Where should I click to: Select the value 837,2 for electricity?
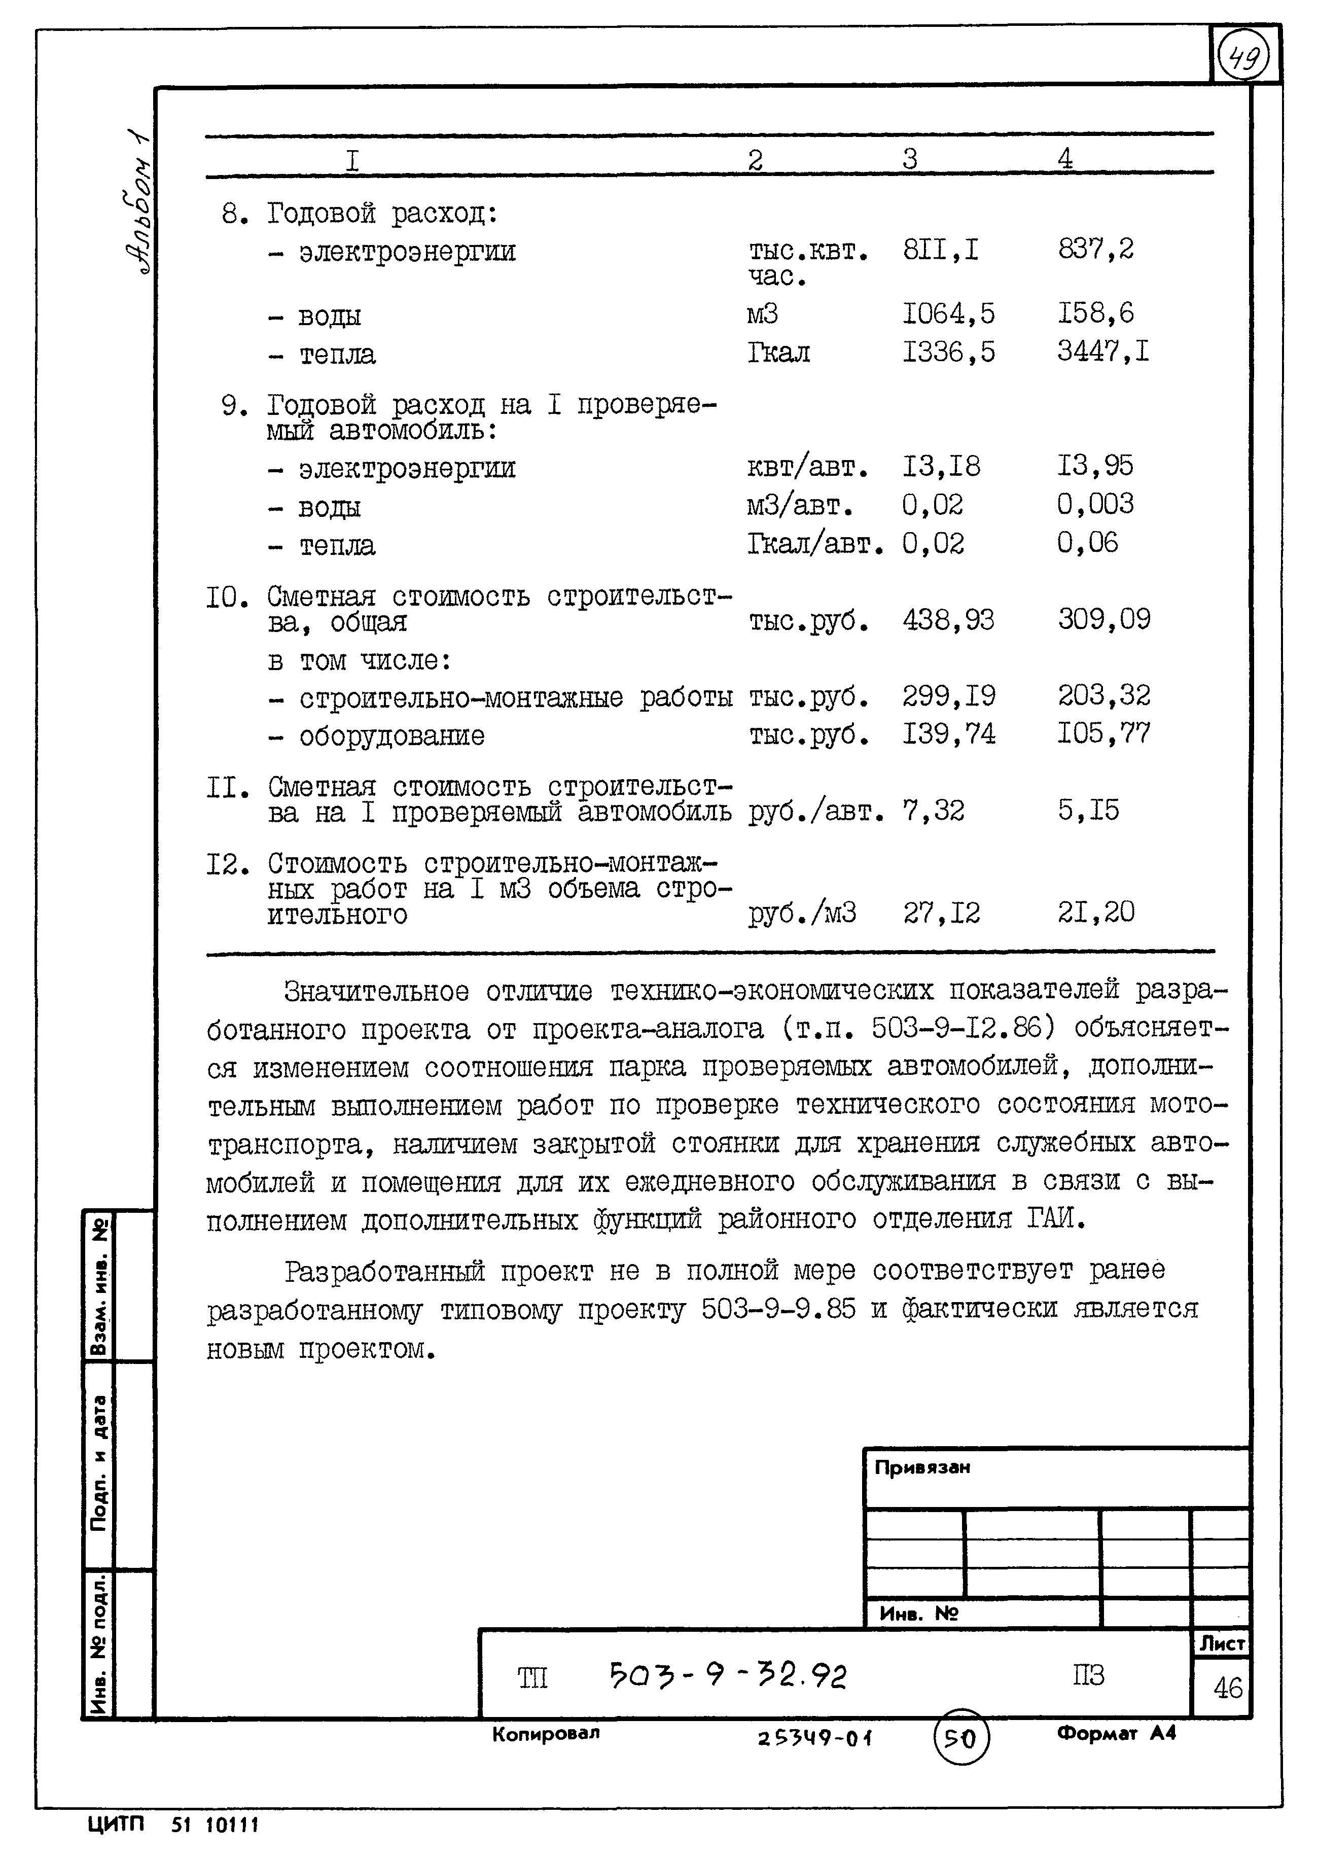[1095, 249]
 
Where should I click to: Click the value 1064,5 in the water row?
[948, 313]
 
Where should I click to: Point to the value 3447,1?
[1102, 352]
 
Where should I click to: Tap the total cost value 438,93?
[948, 620]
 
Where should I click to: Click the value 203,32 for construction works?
[1103, 695]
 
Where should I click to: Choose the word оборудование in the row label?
[391, 736]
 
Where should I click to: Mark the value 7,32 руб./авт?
[933, 810]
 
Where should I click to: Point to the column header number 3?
[910, 158]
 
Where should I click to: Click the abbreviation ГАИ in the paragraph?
[1054, 1219]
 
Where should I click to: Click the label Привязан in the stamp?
[922, 1467]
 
